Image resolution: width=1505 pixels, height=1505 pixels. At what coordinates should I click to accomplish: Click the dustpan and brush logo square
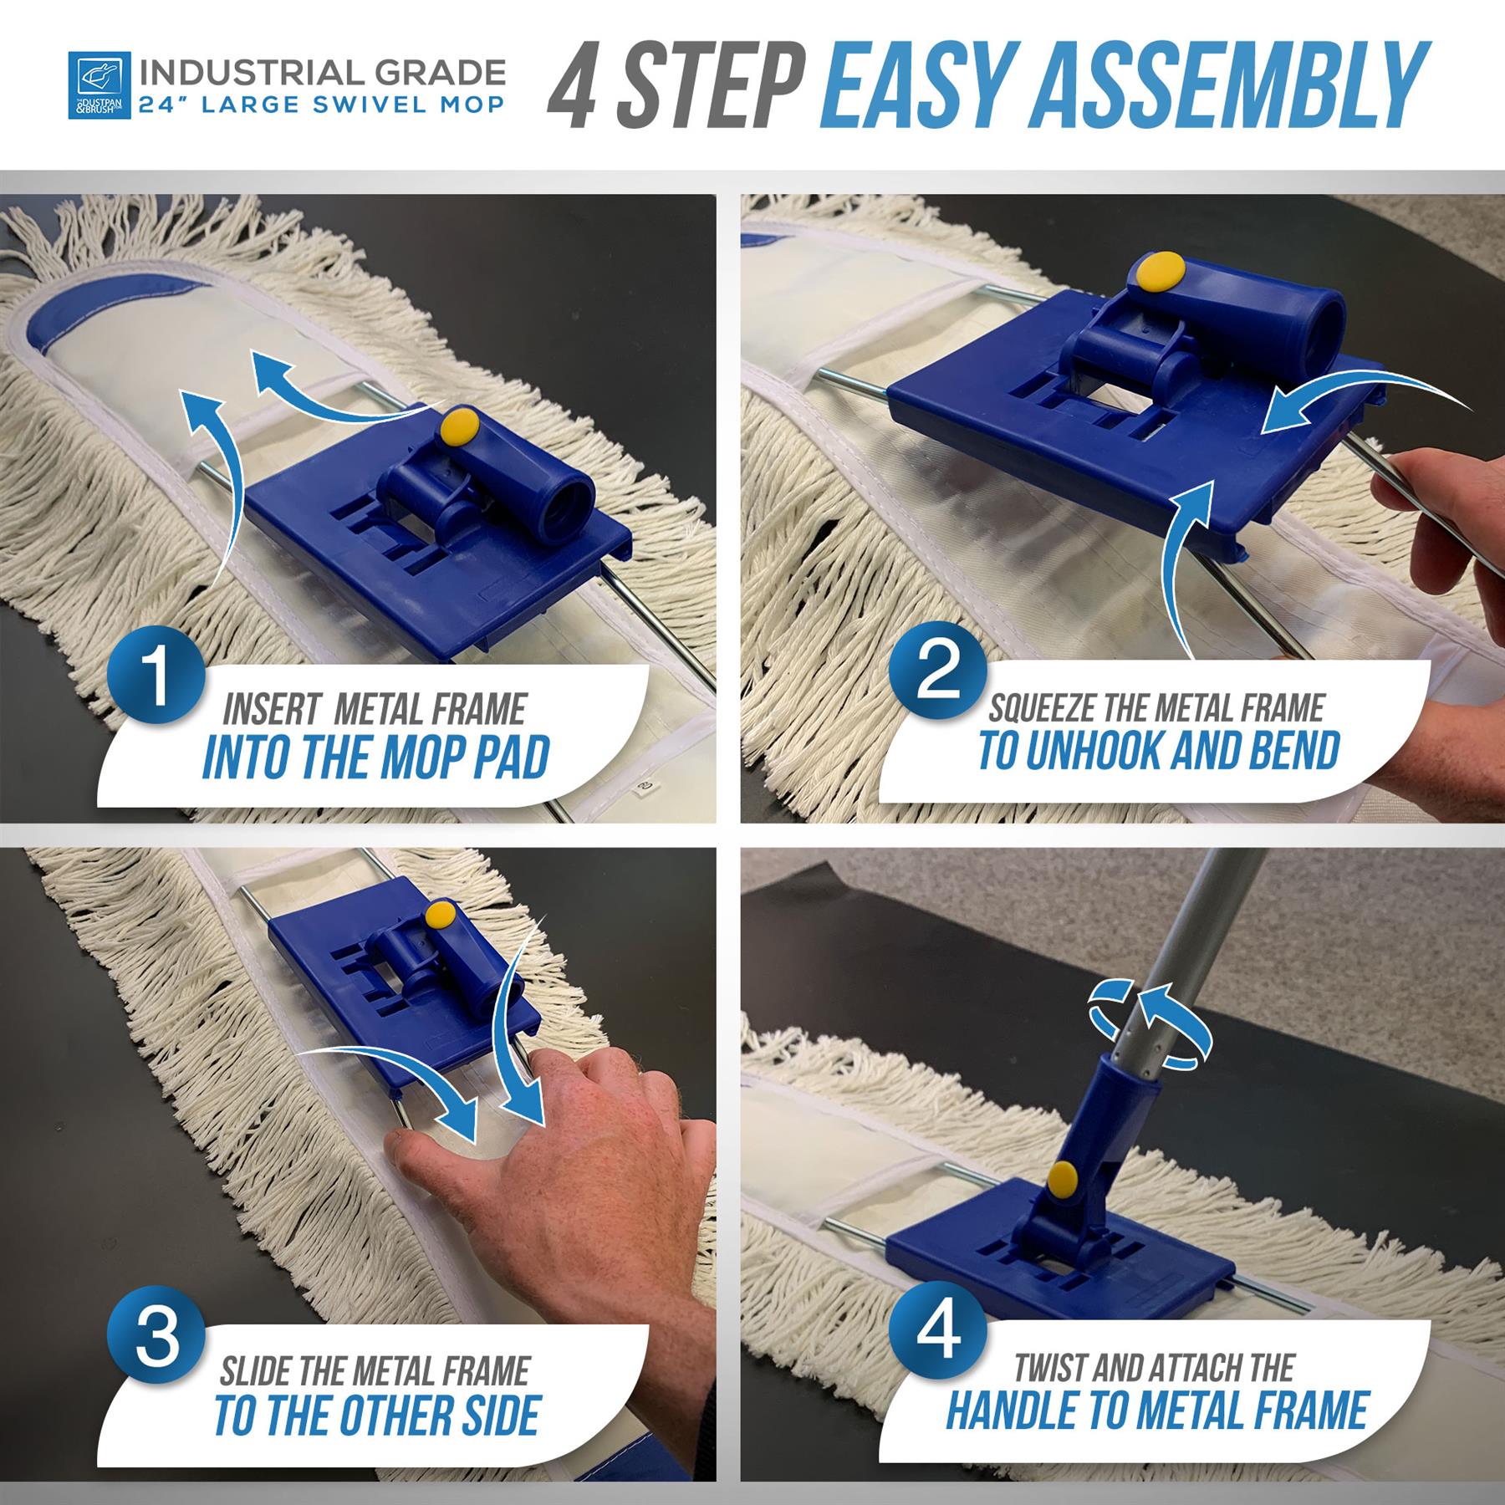click(99, 85)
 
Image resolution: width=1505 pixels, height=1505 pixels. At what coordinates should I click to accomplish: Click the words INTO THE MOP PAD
click(375, 758)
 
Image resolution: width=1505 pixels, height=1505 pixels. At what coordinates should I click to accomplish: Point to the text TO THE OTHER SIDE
click(376, 1416)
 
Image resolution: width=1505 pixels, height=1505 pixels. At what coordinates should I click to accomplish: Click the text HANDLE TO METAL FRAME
click(1157, 1411)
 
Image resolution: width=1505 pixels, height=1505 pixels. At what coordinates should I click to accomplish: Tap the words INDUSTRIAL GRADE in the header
click(322, 73)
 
